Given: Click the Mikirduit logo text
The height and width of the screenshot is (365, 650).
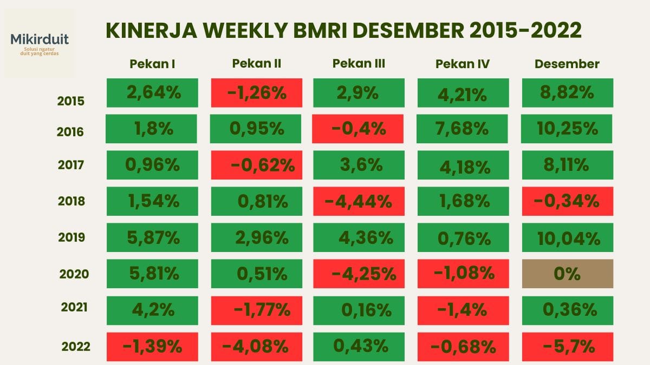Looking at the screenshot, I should (40, 39).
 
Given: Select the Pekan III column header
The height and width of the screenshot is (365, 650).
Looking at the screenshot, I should (359, 64).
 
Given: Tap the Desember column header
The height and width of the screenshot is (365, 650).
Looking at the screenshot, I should (567, 64).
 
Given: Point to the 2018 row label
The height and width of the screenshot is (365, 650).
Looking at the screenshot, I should (71, 201).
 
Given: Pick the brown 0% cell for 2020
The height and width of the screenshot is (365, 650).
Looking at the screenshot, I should (567, 274).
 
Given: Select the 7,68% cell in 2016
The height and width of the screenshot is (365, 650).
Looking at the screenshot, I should (463, 129).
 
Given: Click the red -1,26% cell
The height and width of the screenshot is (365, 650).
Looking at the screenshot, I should (256, 92).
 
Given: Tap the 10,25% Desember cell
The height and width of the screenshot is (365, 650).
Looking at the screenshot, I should (567, 129).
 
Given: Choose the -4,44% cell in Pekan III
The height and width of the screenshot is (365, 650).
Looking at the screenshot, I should (359, 201).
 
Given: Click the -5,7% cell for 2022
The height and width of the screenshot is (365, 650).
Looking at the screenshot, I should (567, 346).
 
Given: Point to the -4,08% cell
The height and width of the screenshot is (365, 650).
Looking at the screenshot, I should (256, 346).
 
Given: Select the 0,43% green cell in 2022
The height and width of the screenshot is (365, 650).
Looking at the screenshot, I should (359, 346).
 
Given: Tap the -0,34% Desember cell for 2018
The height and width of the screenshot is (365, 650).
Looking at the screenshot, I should (567, 201).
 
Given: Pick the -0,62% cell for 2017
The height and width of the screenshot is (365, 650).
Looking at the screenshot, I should (256, 165).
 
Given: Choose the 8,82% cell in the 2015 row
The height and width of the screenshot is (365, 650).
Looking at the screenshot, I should (567, 92).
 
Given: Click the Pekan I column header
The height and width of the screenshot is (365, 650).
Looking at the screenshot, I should (152, 64).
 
